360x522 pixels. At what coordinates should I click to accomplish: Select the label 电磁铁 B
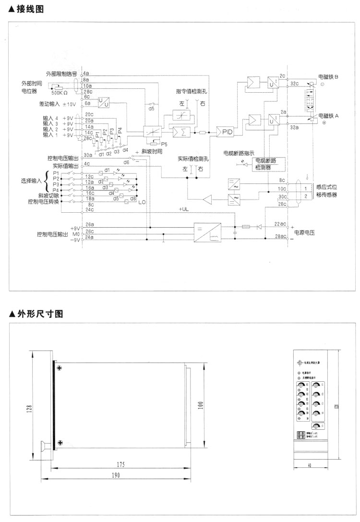(x=328, y=77)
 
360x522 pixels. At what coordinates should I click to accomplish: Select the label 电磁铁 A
(x=328, y=116)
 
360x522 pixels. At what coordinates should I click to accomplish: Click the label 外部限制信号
(x=61, y=73)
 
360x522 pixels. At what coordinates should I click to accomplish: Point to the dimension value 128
(x=29, y=408)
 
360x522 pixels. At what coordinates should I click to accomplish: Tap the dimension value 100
(x=201, y=406)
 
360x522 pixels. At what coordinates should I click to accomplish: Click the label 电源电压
(x=305, y=231)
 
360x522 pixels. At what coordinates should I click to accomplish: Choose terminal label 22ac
(x=280, y=223)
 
